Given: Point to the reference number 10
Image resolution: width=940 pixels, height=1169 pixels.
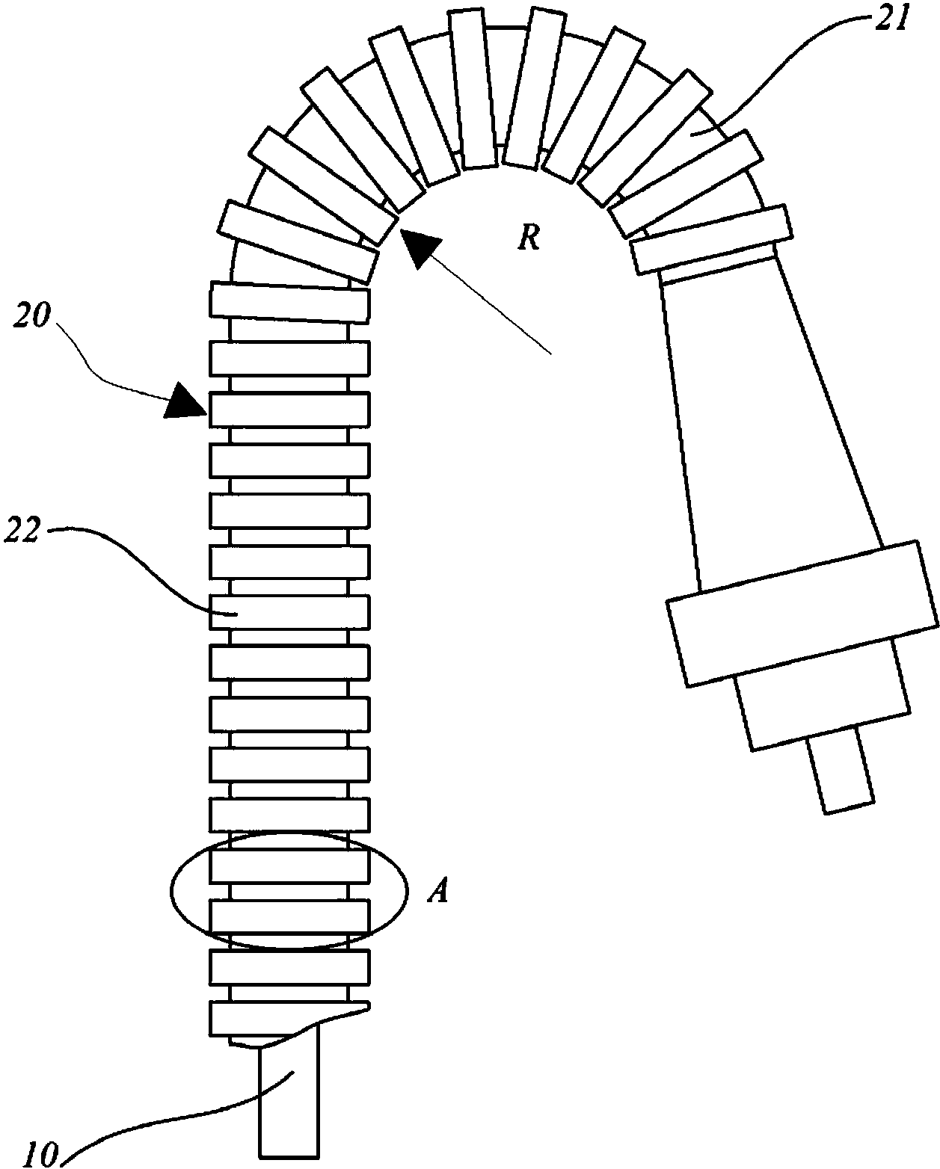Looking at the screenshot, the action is point(40,1154).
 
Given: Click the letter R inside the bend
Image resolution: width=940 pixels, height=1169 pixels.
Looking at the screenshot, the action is point(529,238).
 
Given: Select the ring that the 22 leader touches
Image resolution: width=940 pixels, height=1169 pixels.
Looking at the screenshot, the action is point(289,612).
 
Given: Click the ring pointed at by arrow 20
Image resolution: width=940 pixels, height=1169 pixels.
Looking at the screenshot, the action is point(289,409).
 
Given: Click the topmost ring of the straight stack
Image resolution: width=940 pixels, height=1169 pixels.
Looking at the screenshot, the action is point(289,302).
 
